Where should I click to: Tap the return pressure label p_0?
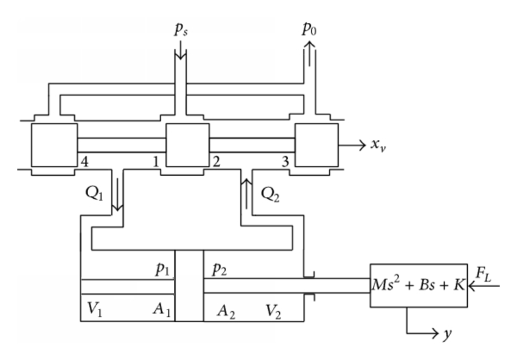tap(309, 30)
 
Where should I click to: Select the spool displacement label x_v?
tap(380, 147)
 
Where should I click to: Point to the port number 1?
tap(157, 161)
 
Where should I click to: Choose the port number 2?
tap(215, 161)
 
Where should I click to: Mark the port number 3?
tap(284, 161)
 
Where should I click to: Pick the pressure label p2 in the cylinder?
tap(219, 270)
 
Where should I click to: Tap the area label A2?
tap(227, 311)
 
